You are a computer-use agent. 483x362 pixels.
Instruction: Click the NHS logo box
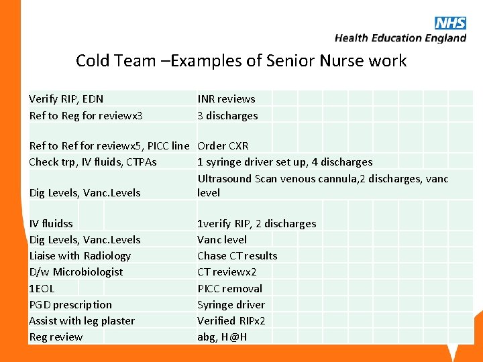coord(450,23)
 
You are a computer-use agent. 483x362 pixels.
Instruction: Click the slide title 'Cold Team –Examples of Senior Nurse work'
coord(241,61)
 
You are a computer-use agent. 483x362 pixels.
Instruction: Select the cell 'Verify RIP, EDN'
coord(66,99)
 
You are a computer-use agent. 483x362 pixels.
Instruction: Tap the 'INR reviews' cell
coord(226,99)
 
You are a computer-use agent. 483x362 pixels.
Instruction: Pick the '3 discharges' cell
coord(227,115)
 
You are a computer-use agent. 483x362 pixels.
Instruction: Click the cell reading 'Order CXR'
coord(223,145)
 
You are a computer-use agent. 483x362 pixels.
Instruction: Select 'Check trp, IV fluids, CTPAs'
coord(93,162)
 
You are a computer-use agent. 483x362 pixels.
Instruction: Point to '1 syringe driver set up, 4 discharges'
coord(284,162)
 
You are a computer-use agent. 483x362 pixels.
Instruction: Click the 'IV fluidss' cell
coord(51,223)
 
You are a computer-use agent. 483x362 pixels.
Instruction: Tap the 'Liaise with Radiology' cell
coord(80,255)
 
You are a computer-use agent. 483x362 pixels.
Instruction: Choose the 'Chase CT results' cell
coord(237,255)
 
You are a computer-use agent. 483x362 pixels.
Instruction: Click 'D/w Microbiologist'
coord(76,271)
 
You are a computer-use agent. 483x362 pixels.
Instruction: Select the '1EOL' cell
coord(42,288)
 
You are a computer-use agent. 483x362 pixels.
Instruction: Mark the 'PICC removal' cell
coord(229,288)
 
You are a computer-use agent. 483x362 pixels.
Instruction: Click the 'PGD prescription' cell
coord(70,304)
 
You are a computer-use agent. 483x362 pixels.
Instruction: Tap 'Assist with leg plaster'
coord(82,320)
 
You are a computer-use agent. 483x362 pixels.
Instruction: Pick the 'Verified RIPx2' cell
coord(231,320)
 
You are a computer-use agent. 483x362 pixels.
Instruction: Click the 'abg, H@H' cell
coord(222,337)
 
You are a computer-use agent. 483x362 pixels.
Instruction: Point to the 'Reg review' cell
coord(56,337)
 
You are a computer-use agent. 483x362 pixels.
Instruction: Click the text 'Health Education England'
coord(400,38)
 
